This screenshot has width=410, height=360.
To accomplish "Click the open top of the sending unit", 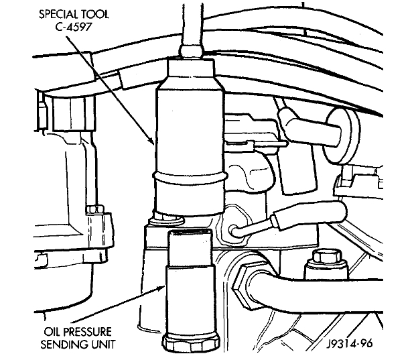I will pyautogui.click(x=191, y=234).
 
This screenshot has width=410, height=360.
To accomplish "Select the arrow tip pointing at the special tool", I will pyautogui.click(x=154, y=143).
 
